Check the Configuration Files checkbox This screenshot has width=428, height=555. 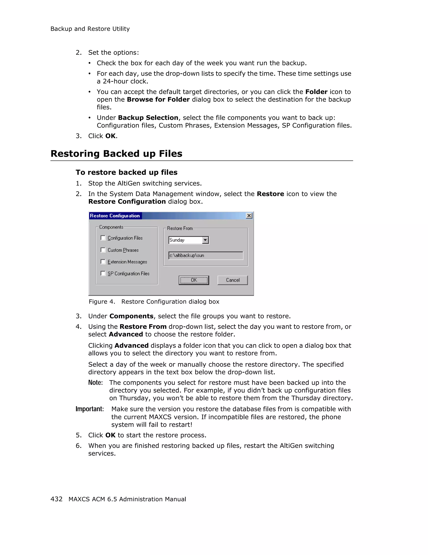coord(103,238)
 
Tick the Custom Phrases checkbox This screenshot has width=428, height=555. coord(103,250)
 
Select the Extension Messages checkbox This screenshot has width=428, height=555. coord(103,262)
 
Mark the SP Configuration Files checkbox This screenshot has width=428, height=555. coord(103,273)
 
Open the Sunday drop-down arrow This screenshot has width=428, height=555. coord(205,240)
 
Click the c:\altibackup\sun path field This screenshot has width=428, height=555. coord(205,256)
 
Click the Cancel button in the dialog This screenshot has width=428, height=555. coord(232,280)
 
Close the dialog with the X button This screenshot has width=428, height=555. coord(249,216)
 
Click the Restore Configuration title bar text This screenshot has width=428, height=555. coord(115,216)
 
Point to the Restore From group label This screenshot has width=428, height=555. coord(180,228)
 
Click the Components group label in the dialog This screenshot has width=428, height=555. coord(111,227)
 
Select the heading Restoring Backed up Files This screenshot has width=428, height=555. coord(116,154)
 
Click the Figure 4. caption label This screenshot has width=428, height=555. coord(102,302)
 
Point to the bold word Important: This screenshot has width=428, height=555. coord(90,409)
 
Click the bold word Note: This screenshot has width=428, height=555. coord(96,383)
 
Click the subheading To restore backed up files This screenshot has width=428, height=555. coord(126,172)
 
